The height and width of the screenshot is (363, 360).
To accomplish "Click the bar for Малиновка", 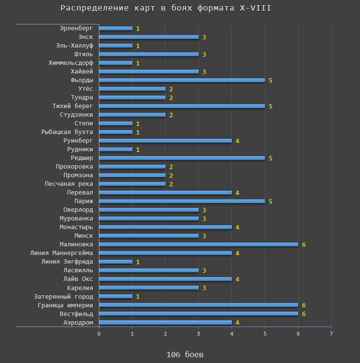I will [198, 244].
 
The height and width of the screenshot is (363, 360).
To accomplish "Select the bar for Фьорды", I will [182, 80].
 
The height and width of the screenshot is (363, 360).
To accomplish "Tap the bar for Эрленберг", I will [116, 28].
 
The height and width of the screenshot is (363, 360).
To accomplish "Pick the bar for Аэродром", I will [165, 322].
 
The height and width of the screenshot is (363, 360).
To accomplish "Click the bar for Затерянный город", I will [116, 296].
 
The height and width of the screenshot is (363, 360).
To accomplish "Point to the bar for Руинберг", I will [165, 141].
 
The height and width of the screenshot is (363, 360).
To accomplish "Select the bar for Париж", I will [182, 201].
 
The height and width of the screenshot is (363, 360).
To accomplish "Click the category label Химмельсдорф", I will [71, 63].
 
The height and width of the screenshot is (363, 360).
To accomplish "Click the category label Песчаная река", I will [69, 184].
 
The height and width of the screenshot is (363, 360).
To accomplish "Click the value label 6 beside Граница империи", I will [304, 305].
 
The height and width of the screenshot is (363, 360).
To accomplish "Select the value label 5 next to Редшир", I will [271, 158].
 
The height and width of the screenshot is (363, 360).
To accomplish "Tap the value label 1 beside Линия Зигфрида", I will [138, 262].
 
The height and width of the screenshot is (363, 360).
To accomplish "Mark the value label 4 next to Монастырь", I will [238, 227].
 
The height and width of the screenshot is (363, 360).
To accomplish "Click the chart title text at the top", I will [169, 8].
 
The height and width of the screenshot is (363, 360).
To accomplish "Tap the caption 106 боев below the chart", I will [185, 354].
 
